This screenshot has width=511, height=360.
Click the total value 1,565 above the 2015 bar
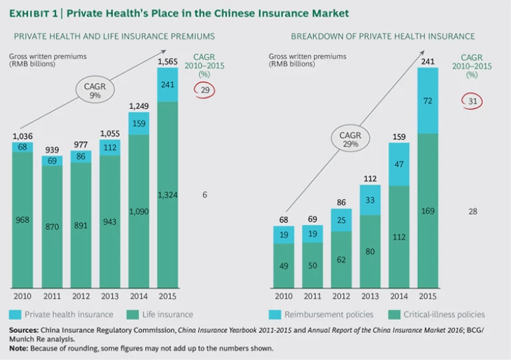point(168,62)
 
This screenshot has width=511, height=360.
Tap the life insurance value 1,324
point(168,194)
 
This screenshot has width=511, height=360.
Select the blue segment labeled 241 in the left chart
point(168,85)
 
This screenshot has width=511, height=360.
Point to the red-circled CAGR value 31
point(471,101)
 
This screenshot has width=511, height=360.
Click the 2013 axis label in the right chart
point(371,296)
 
